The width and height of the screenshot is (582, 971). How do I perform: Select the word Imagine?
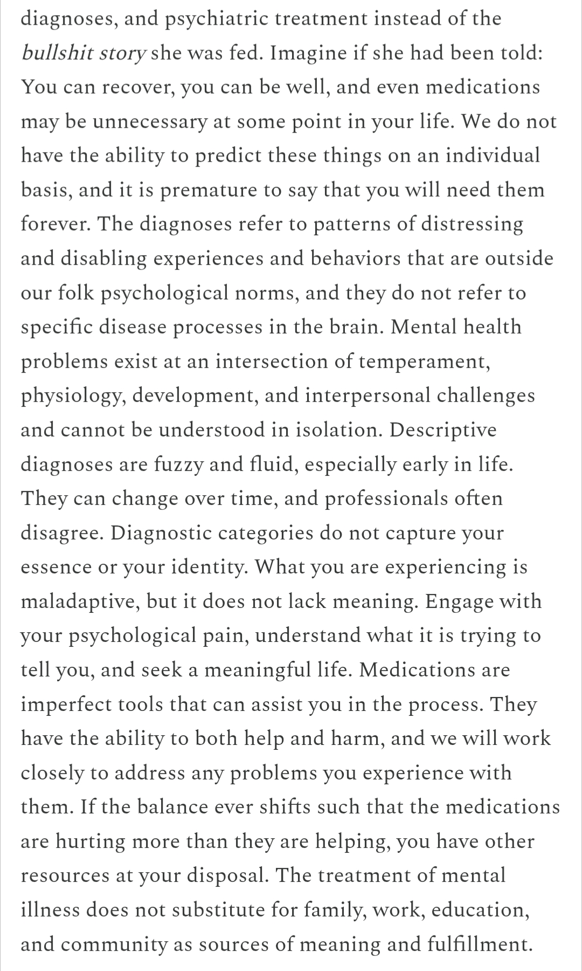tap(305, 53)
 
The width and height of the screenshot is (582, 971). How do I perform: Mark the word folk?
tap(76, 293)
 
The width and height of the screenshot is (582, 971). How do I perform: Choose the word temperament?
tap(424, 361)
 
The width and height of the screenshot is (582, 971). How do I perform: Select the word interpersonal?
tap(367, 396)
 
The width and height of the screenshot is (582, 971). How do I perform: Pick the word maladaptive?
tap(80, 601)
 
